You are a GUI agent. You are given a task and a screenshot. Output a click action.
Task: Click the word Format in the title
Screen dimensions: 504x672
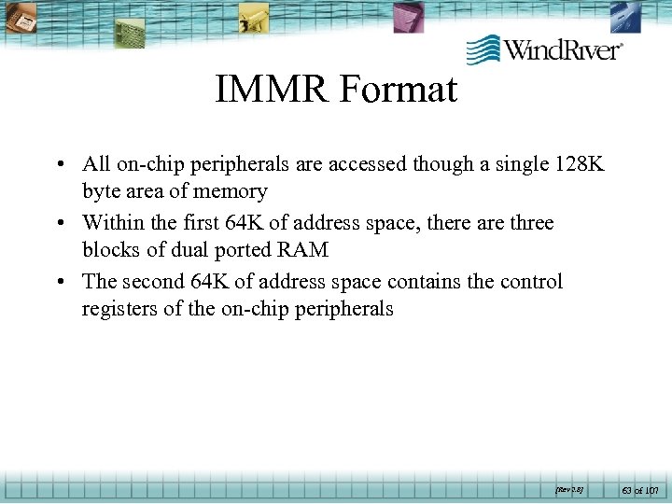point(399,90)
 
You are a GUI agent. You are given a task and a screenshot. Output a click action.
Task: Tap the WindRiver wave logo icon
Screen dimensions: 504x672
point(483,49)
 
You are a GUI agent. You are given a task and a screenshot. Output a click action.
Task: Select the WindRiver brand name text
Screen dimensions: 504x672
point(564,49)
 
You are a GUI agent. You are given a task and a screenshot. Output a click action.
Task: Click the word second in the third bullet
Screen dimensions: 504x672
point(154,282)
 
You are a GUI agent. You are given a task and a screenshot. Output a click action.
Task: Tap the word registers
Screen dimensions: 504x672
point(119,308)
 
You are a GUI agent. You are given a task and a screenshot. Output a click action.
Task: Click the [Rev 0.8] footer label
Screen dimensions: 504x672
point(568,488)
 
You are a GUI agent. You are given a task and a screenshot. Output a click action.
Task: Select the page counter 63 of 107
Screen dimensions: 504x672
point(640,488)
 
